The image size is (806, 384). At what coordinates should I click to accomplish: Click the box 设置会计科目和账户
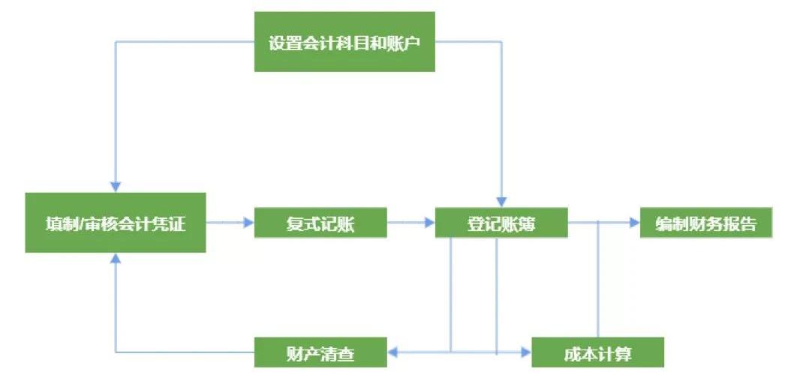point(344,42)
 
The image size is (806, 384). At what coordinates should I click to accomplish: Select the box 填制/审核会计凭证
point(116,223)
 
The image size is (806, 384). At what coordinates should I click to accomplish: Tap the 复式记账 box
point(320,223)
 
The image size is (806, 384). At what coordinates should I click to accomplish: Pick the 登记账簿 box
point(501,223)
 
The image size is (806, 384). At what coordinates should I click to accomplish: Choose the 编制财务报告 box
point(705,223)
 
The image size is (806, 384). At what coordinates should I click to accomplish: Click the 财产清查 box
point(320,352)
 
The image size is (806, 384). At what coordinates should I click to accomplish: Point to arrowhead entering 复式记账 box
point(249,223)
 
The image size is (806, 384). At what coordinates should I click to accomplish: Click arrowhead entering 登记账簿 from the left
point(430,223)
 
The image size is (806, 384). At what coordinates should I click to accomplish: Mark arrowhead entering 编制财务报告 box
point(635,223)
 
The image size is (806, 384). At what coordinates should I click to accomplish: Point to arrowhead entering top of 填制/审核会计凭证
point(115,185)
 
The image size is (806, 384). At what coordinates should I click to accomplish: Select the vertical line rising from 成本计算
point(598,285)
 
